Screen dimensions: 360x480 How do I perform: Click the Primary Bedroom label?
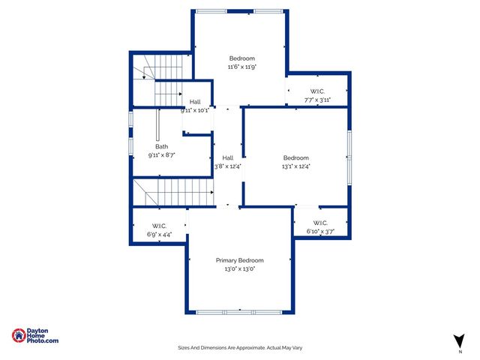[x=240, y=260]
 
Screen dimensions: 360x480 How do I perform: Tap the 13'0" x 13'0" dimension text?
[x=240, y=268]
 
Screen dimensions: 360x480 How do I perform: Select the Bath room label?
[x=162, y=147]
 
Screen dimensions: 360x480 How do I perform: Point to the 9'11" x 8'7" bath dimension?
[x=162, y=155]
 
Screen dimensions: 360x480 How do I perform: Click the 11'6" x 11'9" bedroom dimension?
[x=242, y=67]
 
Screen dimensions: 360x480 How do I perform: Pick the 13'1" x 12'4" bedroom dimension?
[x=296, y=166]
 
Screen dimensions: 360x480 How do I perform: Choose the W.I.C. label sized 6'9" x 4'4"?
[x=159, y=226]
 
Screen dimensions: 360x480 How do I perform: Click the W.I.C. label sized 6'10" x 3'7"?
[x=320, y=223]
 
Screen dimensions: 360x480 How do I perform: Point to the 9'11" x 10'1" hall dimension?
[x=195, y=110]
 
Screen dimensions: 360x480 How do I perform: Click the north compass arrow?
[x=459, y=340]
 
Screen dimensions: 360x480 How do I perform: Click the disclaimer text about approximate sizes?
[x=240, y=348]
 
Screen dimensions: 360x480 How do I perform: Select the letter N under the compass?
[x=459, y=351]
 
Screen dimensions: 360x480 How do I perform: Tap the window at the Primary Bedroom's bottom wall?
[x=240, y=311]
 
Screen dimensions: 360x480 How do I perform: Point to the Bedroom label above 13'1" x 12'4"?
[x=296, y=157]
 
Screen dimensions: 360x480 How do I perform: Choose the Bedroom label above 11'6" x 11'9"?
[x=242, y=58]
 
